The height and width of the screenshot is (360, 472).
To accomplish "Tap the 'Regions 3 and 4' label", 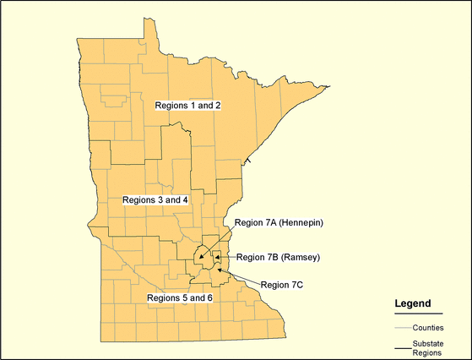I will tap(155, 200).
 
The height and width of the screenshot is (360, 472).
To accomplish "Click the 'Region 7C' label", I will tap(281, 285).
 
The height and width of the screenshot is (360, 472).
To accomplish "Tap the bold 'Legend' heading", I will tap(413, 303).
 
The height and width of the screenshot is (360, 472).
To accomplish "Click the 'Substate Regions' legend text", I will tap(429, 348).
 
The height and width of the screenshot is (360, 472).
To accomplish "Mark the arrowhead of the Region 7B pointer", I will tap(216, 256).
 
